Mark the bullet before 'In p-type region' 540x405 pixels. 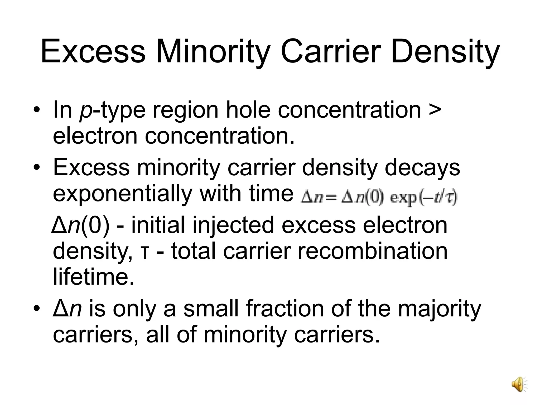(37, 110)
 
